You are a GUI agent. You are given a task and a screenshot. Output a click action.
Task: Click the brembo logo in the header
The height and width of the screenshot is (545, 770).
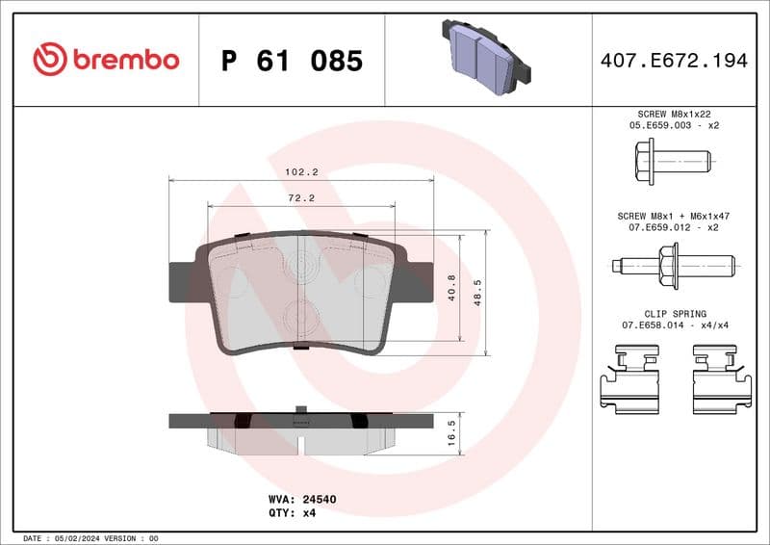(106, 60)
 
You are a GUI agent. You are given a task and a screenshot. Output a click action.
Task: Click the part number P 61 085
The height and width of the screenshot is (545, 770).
(292, 61)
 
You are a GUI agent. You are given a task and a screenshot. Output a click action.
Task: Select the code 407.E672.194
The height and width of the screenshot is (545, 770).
(673, 61)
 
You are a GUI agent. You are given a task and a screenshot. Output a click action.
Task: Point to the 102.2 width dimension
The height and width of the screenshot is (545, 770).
(300, 171)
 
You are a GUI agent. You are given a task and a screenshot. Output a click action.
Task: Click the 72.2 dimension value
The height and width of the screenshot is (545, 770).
(301, 197)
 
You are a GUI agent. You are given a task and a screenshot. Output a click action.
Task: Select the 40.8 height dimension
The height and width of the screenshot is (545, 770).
(452, 287)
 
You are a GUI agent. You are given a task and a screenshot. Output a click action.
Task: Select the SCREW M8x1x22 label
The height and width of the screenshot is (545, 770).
(674, 114)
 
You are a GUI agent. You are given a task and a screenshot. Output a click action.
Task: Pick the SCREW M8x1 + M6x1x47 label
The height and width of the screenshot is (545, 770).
(674, 216)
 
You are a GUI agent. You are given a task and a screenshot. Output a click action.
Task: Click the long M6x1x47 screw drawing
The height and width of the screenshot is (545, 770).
(674, 262)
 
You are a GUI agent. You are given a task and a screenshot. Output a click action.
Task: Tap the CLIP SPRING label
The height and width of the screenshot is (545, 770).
(674, 314)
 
